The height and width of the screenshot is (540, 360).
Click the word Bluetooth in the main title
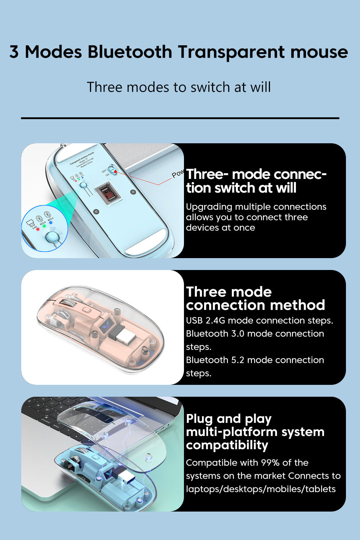pyautogui.click(x=130, y=52)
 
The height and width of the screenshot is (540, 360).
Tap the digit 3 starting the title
pyautogui.click(x=14, y=52)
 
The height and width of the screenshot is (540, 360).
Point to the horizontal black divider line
pyautogui.click(x=180, y=118)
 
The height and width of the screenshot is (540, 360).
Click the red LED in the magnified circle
pyautogui.click(x=38, y=229)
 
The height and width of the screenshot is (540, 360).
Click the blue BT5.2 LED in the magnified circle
pyautogui.click(x=51, y=222)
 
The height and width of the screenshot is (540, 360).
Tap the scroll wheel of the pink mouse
pyautogui.click(x=66, y=304)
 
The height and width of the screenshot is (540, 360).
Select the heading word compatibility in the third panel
pyautogui.click(x=227, y=445)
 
